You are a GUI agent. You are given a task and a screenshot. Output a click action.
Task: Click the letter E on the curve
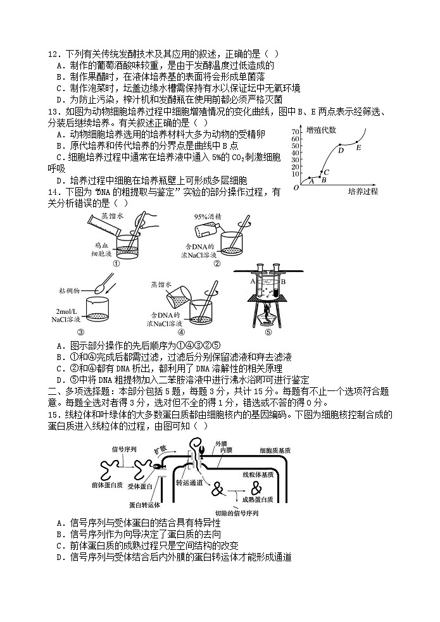(x=359, y=147)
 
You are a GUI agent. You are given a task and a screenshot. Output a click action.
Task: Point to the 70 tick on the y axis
(x=295, y=131)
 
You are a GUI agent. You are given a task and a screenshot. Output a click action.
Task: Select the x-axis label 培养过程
(x=363, y=190)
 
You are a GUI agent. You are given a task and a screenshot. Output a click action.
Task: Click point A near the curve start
(x=311, y=180)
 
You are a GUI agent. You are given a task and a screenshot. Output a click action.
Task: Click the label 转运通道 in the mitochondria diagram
(x=189, y=482)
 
